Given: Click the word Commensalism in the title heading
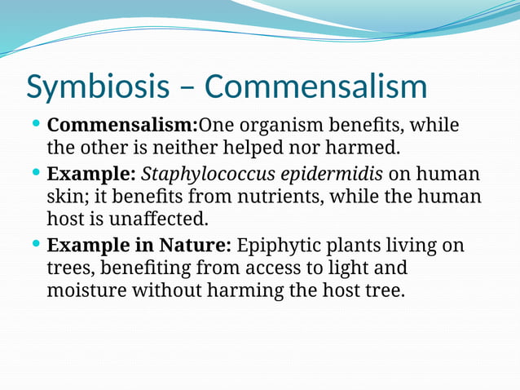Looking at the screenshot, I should tap(315, 87).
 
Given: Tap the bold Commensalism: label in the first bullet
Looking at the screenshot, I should tap(122, 126).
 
